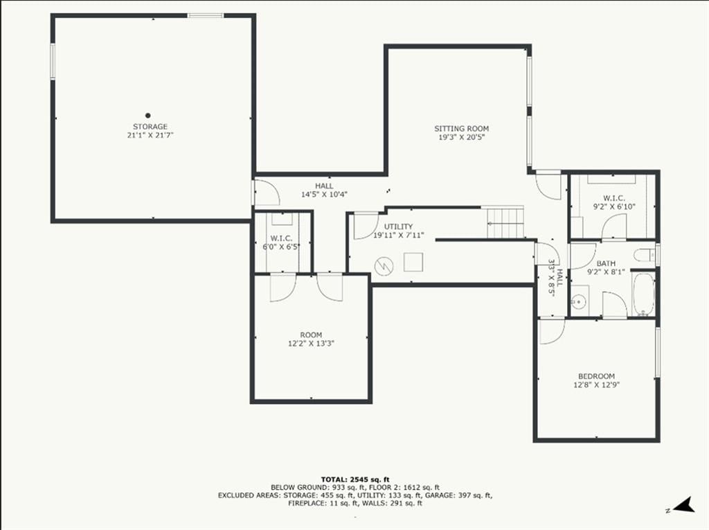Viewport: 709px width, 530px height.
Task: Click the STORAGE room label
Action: click(150, 127)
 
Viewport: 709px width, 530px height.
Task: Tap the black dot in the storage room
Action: click(148, 116)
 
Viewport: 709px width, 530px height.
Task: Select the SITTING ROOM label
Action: click(462, 129)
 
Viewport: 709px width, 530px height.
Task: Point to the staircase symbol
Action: click(505, 222)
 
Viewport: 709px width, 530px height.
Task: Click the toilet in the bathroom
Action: click(644, 255)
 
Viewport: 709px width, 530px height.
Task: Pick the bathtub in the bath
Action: click(643, 294)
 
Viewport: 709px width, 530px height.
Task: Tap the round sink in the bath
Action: click(578, 300)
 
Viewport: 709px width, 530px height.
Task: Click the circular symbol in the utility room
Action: click(384, 265)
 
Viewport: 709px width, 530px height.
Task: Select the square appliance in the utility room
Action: click(413, 262)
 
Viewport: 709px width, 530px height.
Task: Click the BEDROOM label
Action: click(596, 376)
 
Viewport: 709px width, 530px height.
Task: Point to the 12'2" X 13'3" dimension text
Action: click(311, 344)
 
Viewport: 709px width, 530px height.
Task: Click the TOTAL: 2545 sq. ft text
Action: click(355, 479)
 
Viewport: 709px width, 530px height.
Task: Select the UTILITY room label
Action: click(398, 227)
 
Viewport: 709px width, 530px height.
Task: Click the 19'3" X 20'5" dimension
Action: click(462, 137)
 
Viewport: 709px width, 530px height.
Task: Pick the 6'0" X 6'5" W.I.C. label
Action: click(281, 247)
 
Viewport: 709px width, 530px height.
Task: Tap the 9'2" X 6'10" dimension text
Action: click(614, 207)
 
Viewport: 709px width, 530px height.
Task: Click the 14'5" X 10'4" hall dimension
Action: click(324, 195)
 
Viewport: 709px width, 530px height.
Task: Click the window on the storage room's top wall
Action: click(205, 16)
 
